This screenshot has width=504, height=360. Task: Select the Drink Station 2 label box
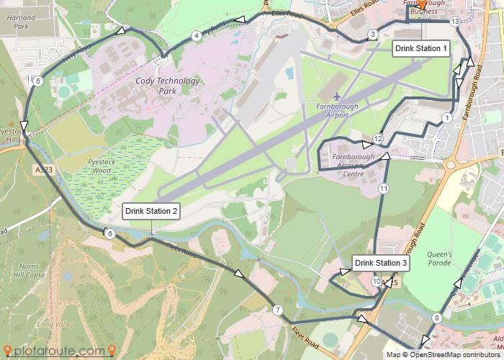click(x=151, y=211)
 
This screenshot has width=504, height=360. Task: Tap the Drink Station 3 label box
click(x=382, y=264)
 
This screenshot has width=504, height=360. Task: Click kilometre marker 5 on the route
click(x=37, y=81)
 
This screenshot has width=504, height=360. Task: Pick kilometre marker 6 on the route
click(x=109, y=234)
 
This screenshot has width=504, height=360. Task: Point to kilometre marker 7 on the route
click(x=277, y=310)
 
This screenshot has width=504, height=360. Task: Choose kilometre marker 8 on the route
click(x=437, y=318)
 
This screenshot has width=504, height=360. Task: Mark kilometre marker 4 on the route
click(x=196, y=36)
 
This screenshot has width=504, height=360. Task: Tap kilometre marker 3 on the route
click(x=372, y=35)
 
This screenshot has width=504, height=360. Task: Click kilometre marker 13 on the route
click(x=454, y=22)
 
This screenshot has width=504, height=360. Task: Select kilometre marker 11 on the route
click(x=383, y=189)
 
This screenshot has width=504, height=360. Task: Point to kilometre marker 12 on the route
click(x=377, y=138)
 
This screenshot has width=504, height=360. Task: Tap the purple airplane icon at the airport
click(x=337, y=96)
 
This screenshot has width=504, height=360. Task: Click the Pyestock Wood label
click(x=95, y=167)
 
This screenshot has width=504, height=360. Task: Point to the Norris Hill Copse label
click(x=29, y=270)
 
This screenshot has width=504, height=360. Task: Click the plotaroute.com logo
click(x=58, y=351)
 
